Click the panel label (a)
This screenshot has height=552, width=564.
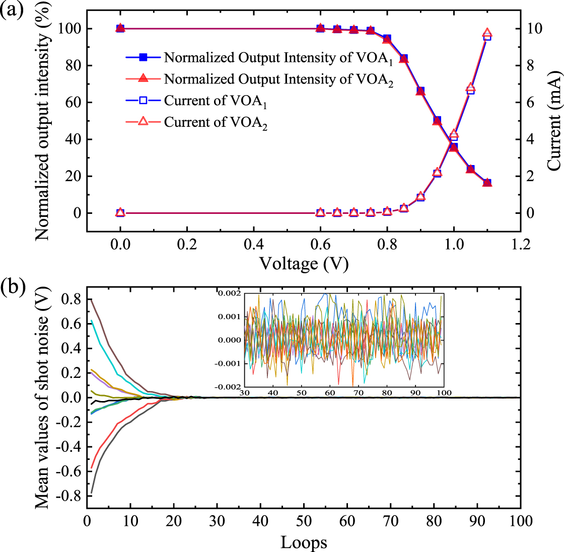click(11, 10)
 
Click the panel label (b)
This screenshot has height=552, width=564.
click(11, 289)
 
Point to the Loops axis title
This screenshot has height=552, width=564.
click(304, 542)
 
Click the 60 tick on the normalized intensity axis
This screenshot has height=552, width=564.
click(70, 103)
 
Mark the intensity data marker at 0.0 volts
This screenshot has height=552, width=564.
click(120, 28)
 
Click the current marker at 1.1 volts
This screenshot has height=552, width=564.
click(487, 34)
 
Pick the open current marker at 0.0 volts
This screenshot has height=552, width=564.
click(120, 212)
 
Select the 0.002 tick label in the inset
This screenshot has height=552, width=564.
click(229, 293)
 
